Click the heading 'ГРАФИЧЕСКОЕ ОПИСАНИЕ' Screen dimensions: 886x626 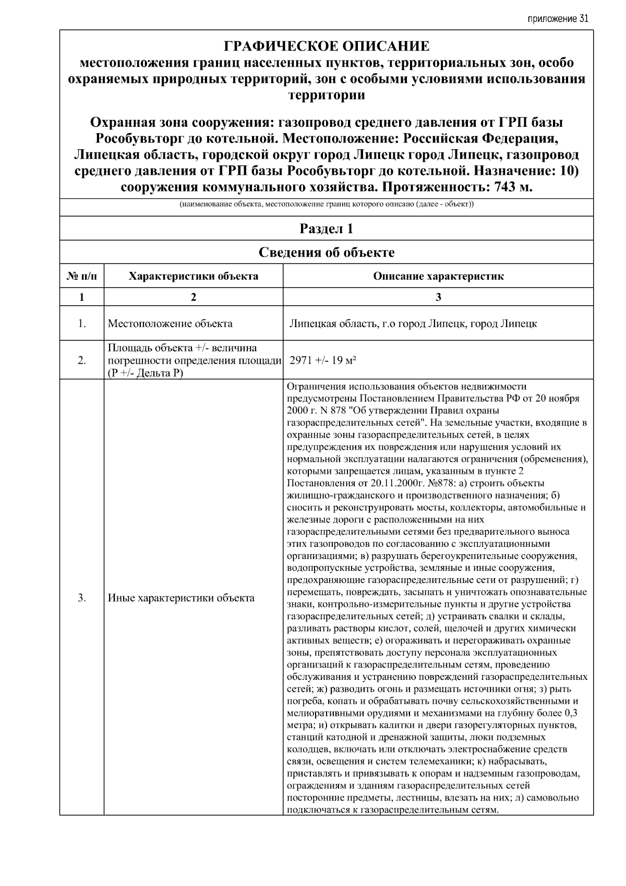coord(327,46)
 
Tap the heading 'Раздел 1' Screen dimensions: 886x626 coord(327,229)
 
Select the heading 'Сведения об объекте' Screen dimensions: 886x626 coord(327,253)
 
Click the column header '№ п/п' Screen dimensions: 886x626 coord(82,276)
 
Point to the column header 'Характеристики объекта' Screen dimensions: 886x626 coord(194,276)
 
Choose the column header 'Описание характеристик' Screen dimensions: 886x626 coord(438,276)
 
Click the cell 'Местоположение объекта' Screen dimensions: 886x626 coord(170,324)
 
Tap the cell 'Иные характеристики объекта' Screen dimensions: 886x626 coord(181,598)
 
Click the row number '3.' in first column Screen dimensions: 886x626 coord(82,598)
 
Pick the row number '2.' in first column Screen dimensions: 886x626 coord(82,361)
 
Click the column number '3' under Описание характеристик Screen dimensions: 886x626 coord(438,297)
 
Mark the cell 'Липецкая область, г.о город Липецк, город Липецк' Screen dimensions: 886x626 coord(413,324)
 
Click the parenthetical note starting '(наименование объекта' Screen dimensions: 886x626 coord(327,205)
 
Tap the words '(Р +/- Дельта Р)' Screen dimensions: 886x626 coord(145,373)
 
